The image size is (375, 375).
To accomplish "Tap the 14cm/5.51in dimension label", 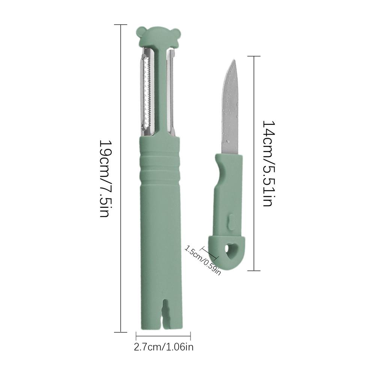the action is click(268, 163).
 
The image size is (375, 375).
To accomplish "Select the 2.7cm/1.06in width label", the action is click(163, 347).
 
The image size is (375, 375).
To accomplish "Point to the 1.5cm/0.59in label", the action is click(202, 260).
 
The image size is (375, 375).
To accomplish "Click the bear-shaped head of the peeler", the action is click(158, 37).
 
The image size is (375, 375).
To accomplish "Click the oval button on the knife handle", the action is click(231, 222).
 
